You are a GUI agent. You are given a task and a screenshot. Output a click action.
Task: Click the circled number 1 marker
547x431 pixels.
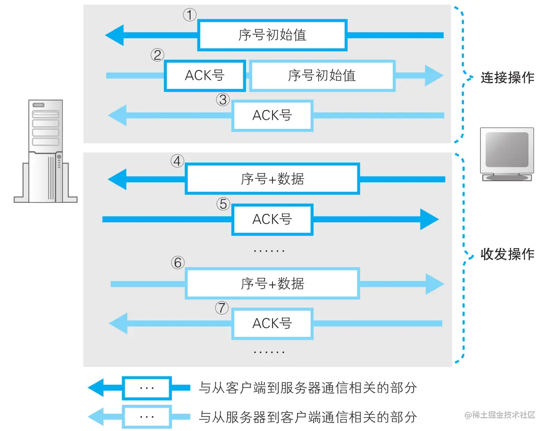(190, 15)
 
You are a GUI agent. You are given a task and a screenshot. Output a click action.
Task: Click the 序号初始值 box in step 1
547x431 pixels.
(272, 35)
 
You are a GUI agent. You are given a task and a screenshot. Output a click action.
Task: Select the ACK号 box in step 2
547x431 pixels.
(205, 75)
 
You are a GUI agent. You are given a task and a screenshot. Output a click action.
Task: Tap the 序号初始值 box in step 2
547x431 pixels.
(322, 75)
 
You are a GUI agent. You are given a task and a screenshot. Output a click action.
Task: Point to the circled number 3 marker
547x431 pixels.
(223, 100)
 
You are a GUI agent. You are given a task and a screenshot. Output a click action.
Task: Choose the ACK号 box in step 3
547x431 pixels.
(272, 116)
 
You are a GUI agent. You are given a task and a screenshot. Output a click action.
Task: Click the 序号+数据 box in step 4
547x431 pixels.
(272, 179)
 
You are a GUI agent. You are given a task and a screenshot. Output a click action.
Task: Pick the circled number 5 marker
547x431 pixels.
(223, 204)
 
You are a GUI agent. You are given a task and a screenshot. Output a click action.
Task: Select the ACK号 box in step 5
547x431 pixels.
(272, 219)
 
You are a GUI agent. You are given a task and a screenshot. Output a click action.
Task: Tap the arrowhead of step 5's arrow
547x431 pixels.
(429, 219)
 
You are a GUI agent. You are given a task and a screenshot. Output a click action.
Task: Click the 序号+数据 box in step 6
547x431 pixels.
(272, 284)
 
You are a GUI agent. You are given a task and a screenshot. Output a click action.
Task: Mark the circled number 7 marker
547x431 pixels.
(222, 307)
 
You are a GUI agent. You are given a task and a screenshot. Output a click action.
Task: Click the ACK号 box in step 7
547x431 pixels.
(272, 323)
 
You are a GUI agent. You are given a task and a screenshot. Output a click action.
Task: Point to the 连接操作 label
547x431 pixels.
(507, 78)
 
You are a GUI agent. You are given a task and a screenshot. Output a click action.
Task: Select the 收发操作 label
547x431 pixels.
(507, 254)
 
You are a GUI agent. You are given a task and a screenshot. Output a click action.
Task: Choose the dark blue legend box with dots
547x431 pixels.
(146, 388)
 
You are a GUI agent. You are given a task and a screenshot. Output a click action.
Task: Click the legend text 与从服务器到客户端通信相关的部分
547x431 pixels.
(307, 416)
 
